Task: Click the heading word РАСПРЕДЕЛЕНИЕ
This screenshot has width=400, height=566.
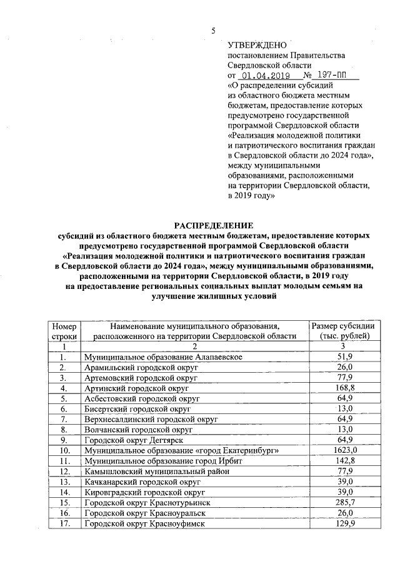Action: pos(213,226)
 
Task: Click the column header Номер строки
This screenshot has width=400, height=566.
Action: pos(64,331)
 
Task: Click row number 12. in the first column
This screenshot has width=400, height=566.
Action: pos(64,471)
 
